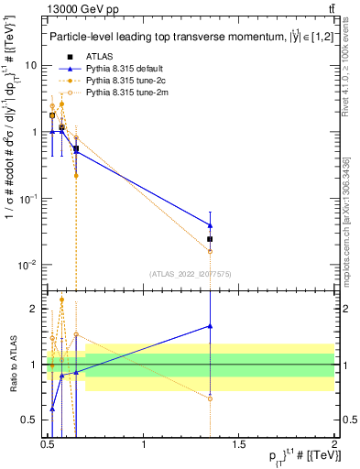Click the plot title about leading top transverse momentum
pos(188,38)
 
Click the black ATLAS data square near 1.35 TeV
pos(211,239)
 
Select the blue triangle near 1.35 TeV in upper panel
pos(211,225)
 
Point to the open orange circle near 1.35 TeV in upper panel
pos(211,251)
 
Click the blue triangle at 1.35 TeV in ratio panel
pos(211,326)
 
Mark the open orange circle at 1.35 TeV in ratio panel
pos(211,398)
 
